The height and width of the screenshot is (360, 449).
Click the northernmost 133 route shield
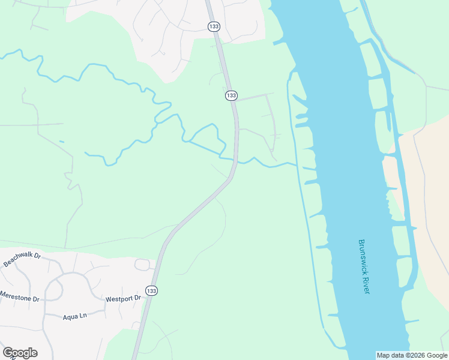coord(214,26)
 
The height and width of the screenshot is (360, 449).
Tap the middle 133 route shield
coord(231,95)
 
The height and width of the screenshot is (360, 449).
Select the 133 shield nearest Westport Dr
coord(152,290)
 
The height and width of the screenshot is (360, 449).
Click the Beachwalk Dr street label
coord(22,260)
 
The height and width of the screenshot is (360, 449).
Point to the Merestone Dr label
coord(19,297)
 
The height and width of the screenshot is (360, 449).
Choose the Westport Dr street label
coord(122,298)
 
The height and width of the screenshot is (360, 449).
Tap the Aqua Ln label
coord(75,316)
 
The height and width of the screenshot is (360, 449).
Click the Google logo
coord(20,352)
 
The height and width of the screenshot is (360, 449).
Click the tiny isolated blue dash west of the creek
coord(62,142)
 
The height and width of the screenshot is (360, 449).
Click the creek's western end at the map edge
coord(2,56)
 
